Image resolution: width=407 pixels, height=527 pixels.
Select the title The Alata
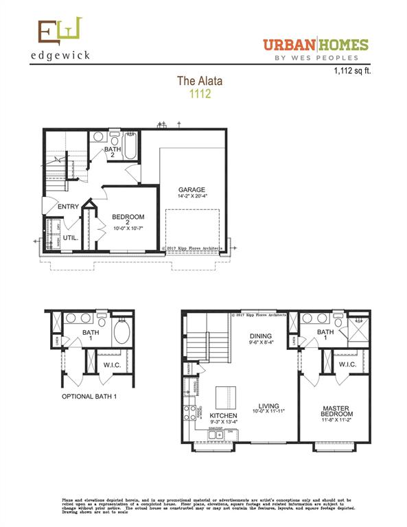pyautogui.click(x=200, y=81)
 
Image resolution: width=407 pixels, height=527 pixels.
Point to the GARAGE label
pyautogui.click(x=192, y=190)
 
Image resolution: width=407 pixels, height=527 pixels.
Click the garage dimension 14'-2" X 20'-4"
pyautogui.click(x=192, y=198)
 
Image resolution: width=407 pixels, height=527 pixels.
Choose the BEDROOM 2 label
pyautogui.click(x=126, y=221)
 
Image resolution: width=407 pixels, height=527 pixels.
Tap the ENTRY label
pyautogui.click(x=69, y=207)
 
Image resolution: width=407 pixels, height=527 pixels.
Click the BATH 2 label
pyautogui.click(x=113, y=153)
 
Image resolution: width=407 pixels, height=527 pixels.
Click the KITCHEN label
pyautogui.click(x=224, y=417)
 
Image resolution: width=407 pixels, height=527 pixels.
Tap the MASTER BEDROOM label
pyautogui.click(x=337, y=412)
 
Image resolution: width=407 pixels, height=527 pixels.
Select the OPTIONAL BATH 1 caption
pyautogui.click(x=90, y=397)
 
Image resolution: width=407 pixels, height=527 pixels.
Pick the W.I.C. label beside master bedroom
pyautogui.click(x=347, y=364)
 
